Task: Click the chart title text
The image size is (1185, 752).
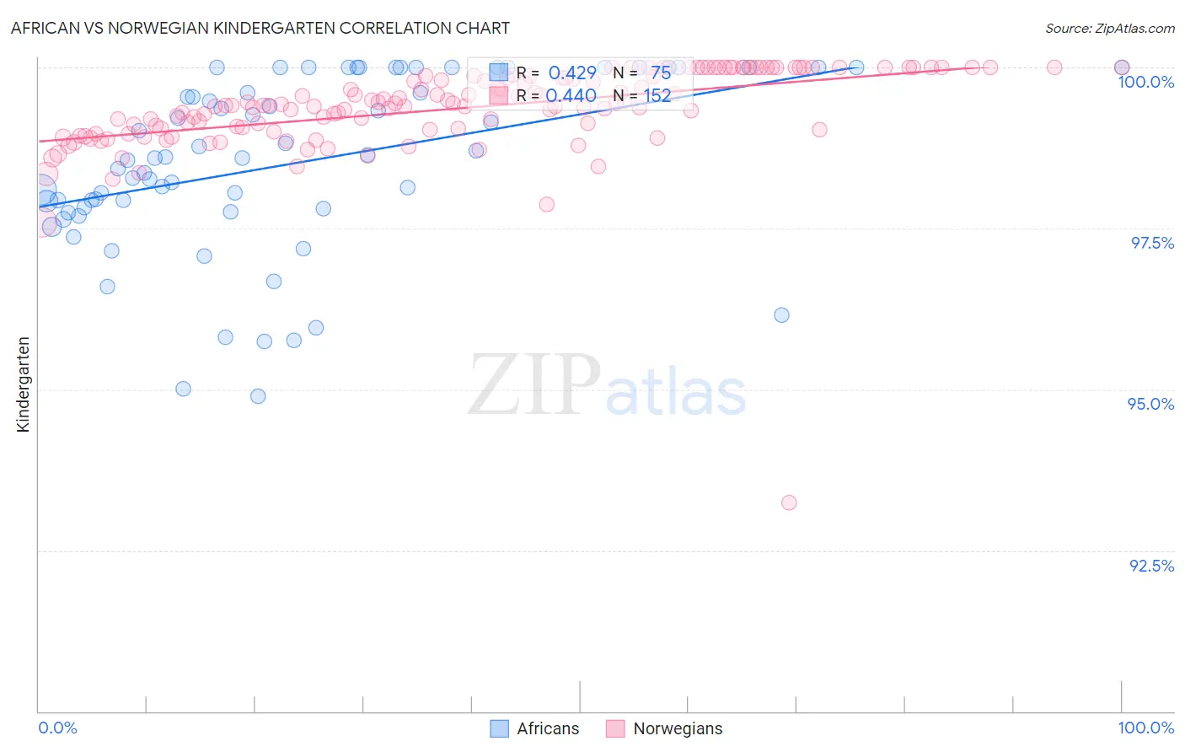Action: (260, 28)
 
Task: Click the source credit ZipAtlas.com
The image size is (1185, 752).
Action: (1109, 29)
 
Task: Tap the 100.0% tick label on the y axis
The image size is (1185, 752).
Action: (1145, 82)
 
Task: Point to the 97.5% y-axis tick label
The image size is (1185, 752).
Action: (1152, 243)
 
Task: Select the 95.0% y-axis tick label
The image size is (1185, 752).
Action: (1150, 404)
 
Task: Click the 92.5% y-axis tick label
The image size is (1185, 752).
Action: (1151, 566)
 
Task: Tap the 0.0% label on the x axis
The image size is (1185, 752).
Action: (58, 728)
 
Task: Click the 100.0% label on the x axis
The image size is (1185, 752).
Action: (1145, 728)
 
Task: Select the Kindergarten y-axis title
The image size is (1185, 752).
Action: (23, 384)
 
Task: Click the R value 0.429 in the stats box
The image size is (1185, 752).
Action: (572, 73)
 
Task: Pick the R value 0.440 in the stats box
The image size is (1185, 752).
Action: (571, 96)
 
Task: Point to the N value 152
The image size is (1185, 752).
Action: (657, 96)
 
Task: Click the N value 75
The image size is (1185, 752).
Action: (661, 73)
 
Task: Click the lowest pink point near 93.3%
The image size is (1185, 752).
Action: (789, 502)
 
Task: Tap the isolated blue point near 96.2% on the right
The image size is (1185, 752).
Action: (781, 315)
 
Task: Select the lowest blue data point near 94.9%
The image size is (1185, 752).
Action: (258, 396)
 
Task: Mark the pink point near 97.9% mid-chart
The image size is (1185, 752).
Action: (546, 204)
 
